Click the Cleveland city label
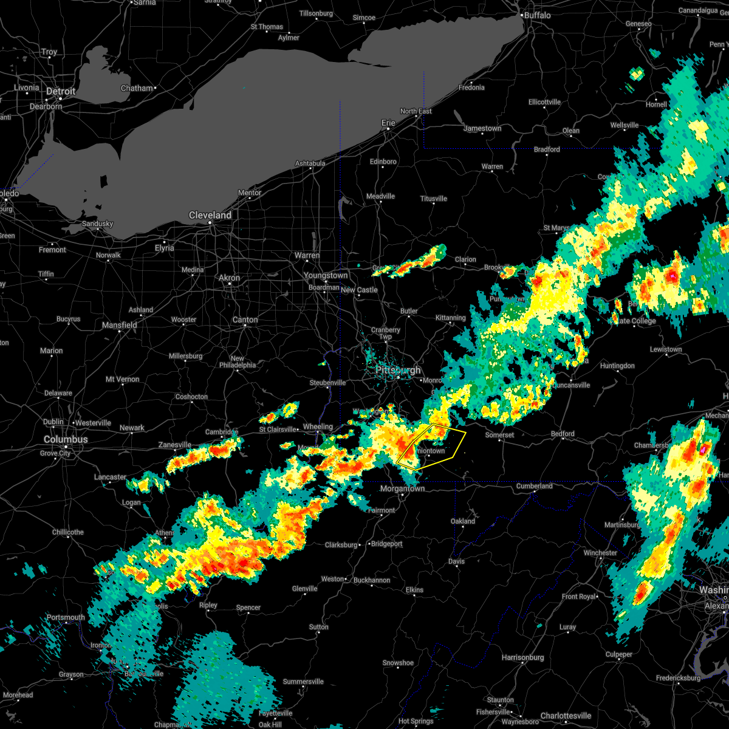click(x=210, y=216)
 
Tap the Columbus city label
click(x=65, y=439)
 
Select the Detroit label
click(x=61, y=92)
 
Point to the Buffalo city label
click(x=537, y=15)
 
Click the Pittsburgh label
click(x=398, y=370)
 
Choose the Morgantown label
click(x=402, y=488)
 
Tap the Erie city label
click(x=388, y=123)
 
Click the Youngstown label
click(x=326, y=275)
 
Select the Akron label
click(x=229, y=278)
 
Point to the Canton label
click(x=245, y=320)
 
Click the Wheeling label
click(x=318, y=427)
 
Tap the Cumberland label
click(x=535, y=486)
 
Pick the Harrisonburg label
click(x=523, y=657)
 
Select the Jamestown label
click(x=482, y=128)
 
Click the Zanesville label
click(x=175, y=445)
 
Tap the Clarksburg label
click(x=341, y=545)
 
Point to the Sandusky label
click(x=97, y=224)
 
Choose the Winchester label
click(x=600, y=553)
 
